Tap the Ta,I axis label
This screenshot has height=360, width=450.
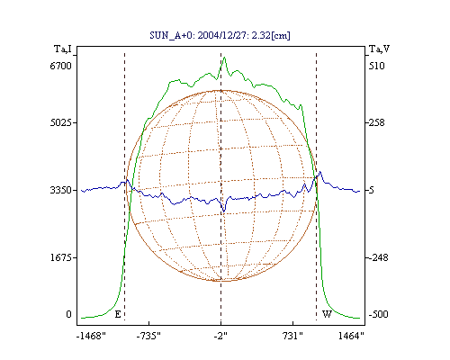(63, 49)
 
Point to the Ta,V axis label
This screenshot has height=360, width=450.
(379, 49)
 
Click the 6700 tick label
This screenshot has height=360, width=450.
(61, 66)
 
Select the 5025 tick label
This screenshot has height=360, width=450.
(61, 122)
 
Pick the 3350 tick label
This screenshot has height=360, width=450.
(61, 190)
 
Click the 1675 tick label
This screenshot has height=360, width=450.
(61, 257)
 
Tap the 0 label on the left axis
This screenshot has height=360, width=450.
(68, 314)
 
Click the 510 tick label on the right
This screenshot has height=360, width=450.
(377, 66)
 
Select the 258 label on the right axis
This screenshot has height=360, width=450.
(377, 122)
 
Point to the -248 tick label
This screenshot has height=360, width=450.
(378, 257)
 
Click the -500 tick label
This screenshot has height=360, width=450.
(378, 314)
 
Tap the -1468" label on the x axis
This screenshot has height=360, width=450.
(91, 336)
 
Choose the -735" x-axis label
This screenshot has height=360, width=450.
(148, 336)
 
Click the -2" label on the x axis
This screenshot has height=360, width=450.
(220, 336)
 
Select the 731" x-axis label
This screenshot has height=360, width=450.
(292, 336)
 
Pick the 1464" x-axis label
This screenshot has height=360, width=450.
(351, 336)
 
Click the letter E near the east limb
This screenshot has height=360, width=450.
(118, 314)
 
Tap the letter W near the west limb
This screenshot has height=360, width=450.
(327, 314)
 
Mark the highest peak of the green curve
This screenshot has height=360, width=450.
(224, 58)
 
